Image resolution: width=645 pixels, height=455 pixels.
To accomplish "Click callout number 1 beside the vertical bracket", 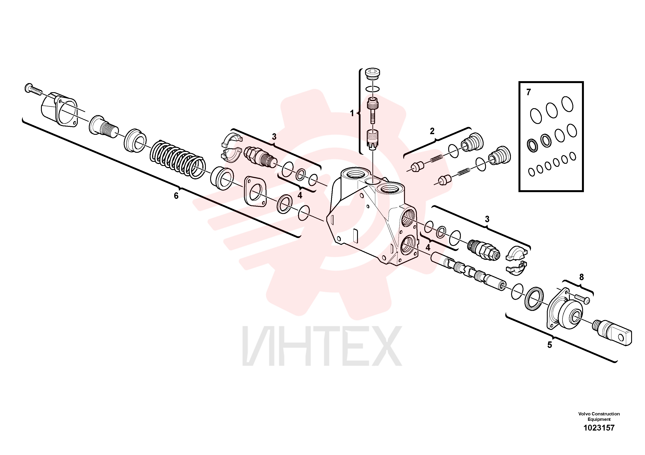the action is pos(352,113).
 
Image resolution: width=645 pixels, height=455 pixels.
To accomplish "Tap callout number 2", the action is pos(432,131).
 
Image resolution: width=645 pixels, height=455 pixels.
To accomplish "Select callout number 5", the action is pos(550,345).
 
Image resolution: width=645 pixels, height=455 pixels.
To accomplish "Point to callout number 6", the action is pos(176,196).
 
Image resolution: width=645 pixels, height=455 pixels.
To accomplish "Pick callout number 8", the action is pos(582,277).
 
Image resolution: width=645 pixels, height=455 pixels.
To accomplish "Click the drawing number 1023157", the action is pos(599,428).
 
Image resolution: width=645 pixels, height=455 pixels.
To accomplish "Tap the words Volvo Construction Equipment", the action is pos(599,416).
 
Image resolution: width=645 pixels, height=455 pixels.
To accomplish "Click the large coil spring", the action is pos(178,159).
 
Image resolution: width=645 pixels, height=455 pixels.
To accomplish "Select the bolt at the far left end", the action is pos(33,89).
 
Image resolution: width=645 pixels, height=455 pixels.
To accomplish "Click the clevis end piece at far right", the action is pos(612,334).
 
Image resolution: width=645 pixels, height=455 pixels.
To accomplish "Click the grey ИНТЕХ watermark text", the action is pos(322,346).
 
